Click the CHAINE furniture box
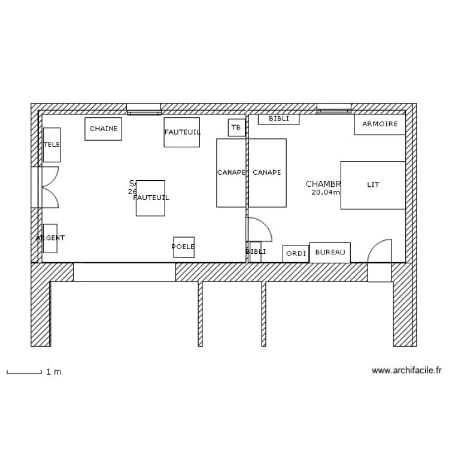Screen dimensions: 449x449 pos(104,129)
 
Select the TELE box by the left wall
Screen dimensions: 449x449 pos(52,144)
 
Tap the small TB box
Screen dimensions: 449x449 pos(236,128)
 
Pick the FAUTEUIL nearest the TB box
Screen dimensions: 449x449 pos(182,132)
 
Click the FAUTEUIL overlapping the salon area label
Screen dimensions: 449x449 pos(151,198)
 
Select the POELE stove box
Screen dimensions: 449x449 pos(184,247)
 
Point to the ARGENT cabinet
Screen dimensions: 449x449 pos(50,238)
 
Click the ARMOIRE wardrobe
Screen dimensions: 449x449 pos(380,124)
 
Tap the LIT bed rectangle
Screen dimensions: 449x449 pos(373,185)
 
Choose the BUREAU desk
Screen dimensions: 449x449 pos(330,253)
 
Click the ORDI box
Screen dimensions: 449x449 pos(296,254)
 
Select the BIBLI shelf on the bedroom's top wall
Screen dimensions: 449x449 pos(278,119)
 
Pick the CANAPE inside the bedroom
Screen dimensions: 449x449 pos(267,172)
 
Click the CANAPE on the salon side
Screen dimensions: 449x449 pos(230,172)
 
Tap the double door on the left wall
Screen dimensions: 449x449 pos(47,187)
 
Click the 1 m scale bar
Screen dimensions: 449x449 pos(24,372)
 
